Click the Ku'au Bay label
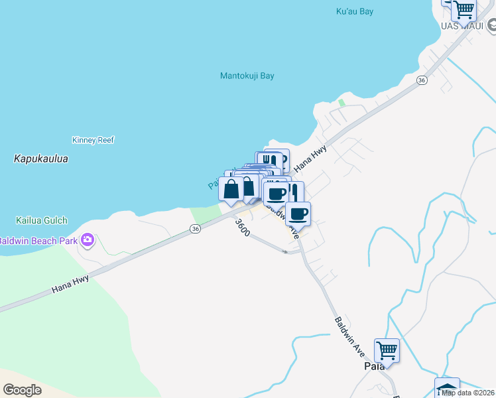click(x=354, y=11)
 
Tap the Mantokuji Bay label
click(x=247, y=76)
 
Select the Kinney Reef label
click(x=93, y=140)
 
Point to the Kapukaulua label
click(x=40, y=159)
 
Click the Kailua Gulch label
click(x=42, y=220)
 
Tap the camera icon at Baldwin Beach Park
click(x=88, y=240)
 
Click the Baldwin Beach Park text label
click(x=37, y=241)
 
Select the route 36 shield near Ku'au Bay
click(x=421, y=80)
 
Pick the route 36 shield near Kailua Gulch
click(x=194, y=228)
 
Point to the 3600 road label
click(x=242, y=229)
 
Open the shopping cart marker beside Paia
click(x=387, y=349)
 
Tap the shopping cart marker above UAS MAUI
click(x=464, y=9)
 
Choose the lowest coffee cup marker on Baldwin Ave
click(x=298, y=214)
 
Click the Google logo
click(x=22, y=390)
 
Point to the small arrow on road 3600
click(x=285, y=251)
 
